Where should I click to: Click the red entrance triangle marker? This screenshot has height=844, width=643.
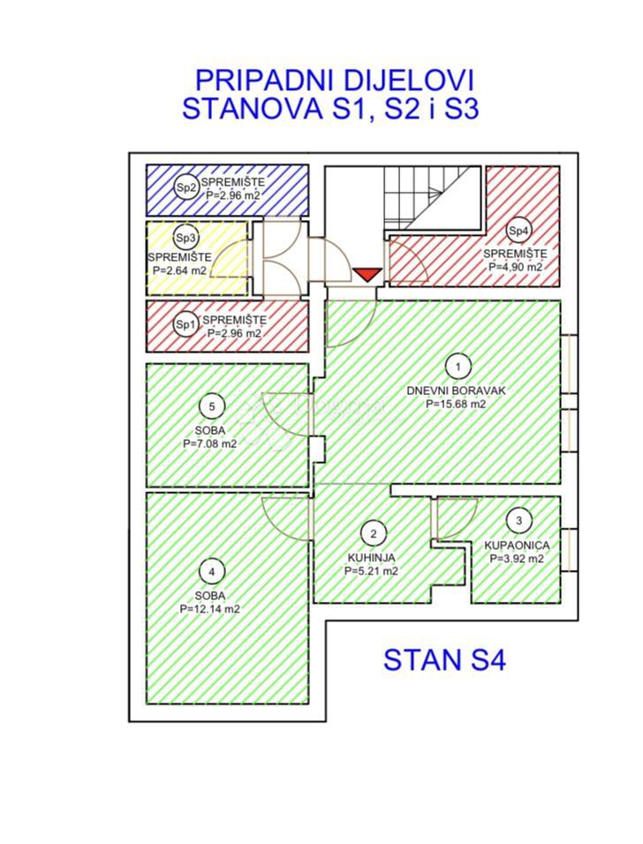[x=367, y=274]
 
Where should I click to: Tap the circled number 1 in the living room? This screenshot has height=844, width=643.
[x=457, y=365]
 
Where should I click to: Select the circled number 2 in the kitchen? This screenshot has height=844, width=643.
[x=374, y=533]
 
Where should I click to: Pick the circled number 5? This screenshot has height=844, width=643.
[x=212, y=407]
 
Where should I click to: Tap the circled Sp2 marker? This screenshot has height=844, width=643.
[x=185, y=187]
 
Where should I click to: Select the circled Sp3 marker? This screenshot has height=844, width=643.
[x=185, y=238]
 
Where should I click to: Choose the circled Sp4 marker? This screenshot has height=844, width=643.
[x=519, y=231]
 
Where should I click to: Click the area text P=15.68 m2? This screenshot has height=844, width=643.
[x=456, y=404]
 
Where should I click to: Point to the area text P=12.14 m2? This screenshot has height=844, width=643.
[x=210, y=609]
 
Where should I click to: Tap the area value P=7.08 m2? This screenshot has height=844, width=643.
[x=210, y=445]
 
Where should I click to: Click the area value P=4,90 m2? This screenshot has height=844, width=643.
[x=512, y=266]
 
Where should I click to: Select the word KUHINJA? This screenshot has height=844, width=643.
[x=371, y=558]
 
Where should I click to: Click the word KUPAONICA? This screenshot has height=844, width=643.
[x=518, y=546]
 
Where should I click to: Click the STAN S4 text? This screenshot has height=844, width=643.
[x=444, y=660]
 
